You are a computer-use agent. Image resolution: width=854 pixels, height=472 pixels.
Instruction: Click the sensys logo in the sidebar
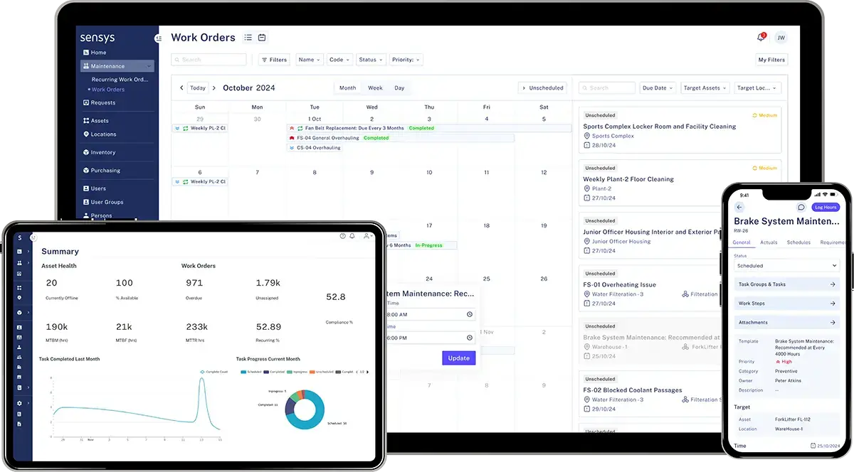click(x=98, y=37)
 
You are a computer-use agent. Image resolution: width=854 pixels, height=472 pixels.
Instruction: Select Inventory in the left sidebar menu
click(x=102, y=152)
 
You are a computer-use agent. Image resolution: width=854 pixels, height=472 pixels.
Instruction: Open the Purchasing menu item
click(x=105, y=171)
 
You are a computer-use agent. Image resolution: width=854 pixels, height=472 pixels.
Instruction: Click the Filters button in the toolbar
click(x=274, y=60)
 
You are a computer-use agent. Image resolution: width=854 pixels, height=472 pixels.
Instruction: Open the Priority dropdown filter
click(x=406, y=60)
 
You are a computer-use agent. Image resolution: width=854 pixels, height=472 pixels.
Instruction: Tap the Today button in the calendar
click(x=197, y=88)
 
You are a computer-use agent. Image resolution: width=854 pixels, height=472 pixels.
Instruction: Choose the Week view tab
click(x=375, y=88)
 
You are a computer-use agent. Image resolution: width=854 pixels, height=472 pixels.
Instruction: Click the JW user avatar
click(x=781, y=38)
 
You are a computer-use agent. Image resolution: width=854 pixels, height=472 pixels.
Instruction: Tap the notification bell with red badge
click(x=761, y=37)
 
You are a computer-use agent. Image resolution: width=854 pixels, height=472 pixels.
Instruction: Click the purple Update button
click(x=458, y=358)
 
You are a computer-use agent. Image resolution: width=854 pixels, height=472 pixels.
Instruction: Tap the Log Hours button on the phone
click(x=826, y=207)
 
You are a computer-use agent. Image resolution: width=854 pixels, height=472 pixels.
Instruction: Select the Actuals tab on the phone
click(x=769, y=242)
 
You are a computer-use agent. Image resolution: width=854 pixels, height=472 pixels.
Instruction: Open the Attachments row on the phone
click(x=786, y=322)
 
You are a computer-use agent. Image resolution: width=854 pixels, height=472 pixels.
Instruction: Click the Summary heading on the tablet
click(x=60, y=251)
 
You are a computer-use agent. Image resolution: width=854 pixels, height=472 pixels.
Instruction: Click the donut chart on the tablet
click(x=305, y=409)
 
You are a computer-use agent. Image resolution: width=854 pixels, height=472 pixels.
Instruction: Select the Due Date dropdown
click(x=658, y=88)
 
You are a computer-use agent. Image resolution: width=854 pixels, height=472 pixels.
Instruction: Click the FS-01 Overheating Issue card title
click(x=619, y=284)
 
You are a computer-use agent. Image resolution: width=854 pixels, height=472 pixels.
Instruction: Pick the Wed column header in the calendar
click(x=371, y=107)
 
